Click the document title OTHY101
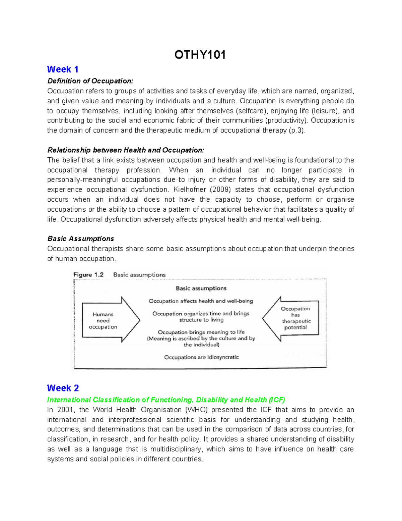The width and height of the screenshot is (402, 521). pos(200,55)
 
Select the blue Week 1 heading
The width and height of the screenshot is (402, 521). pos(63,69)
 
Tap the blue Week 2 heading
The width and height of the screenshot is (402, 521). pos(63,388)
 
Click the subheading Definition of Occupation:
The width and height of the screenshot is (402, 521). pos(90,81)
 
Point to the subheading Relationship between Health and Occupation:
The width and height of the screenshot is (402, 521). pos(126,150)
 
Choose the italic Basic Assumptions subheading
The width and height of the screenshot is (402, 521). pos(80,239)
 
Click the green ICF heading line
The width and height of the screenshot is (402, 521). pos(166,400)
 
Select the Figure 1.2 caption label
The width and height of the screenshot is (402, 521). pos(88,275)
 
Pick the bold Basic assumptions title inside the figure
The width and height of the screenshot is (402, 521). pos(201,288)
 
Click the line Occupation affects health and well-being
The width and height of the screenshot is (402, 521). pos(201,301)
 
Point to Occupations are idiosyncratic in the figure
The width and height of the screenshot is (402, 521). pos(201,357)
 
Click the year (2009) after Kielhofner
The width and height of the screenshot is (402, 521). pos(220,190)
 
